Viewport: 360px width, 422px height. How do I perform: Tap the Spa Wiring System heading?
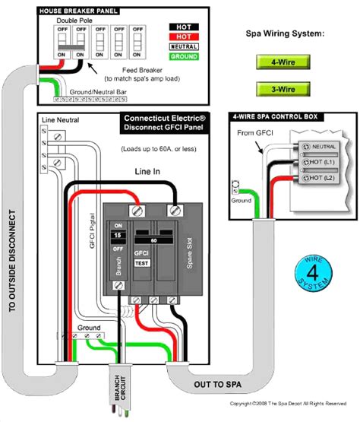pyautogui.click(x=285, y=34)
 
